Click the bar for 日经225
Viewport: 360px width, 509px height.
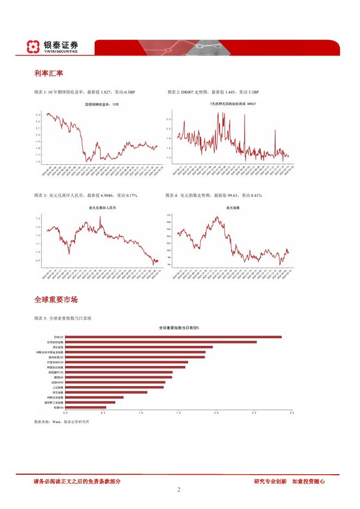173,337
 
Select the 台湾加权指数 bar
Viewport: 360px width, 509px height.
160,342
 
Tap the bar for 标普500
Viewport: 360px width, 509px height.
85,407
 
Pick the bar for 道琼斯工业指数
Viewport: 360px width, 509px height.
90,402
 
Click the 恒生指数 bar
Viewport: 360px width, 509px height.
106,392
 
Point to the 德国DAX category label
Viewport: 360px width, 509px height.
58,377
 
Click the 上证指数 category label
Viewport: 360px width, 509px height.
58,387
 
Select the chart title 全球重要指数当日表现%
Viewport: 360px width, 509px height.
179,328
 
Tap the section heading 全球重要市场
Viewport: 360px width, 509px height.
55,300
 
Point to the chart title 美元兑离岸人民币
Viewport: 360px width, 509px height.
101,208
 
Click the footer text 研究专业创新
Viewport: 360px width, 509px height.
270,481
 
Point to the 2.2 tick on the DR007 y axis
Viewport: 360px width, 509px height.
169,119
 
